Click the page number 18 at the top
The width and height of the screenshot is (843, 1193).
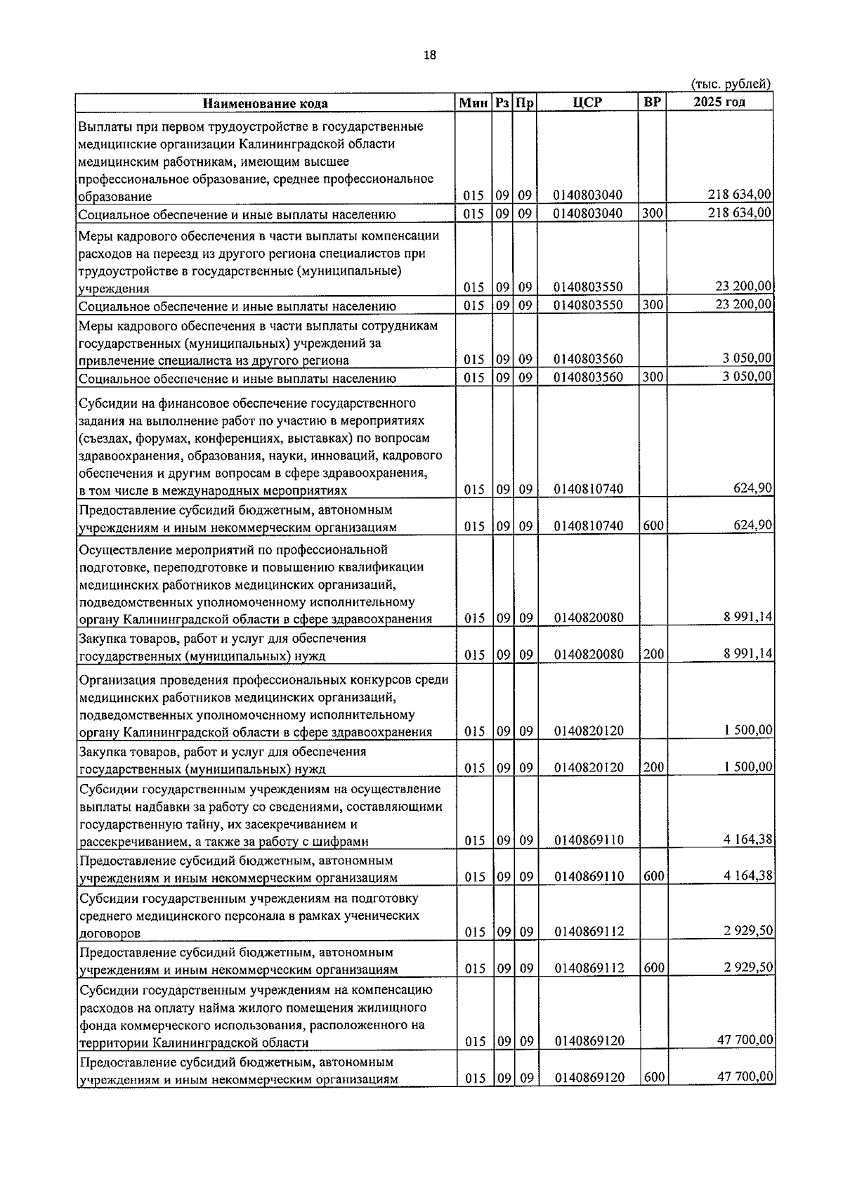tap(430, 56)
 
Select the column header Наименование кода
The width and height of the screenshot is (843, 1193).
tap(266, 103)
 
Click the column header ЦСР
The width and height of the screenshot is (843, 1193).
tap(587, 103)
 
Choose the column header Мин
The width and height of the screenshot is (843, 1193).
tap(473, 103)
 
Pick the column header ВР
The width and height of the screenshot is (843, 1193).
tap(652, 102)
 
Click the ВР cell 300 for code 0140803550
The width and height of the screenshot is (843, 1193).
tap(653, 304)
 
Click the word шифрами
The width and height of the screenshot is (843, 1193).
tap(342, 841)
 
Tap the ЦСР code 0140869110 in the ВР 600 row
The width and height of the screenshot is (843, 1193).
tap(589, 877)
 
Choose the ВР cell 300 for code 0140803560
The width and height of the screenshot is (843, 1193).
tap(653, 377)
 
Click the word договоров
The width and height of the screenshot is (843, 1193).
tap(110, 933)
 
